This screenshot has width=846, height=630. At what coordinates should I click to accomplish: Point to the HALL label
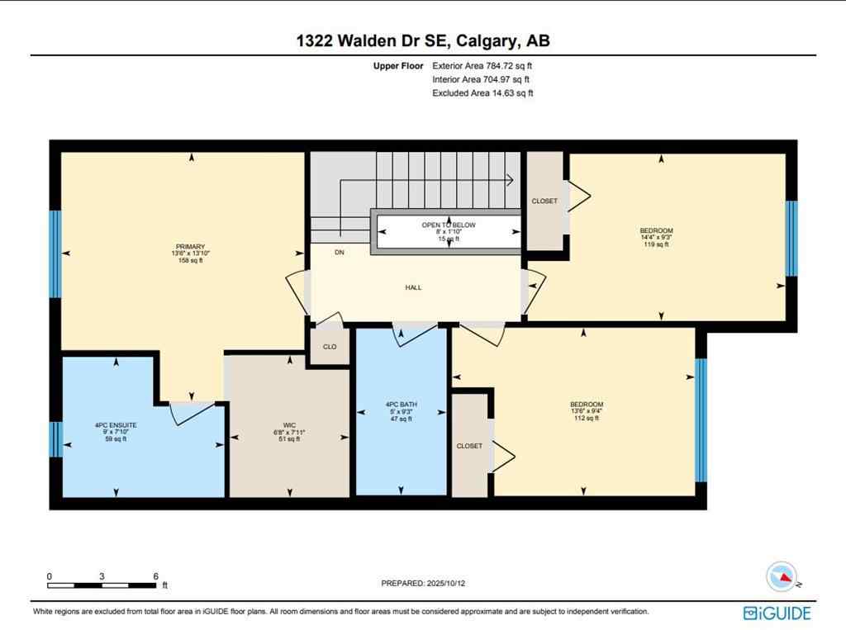[x=413, y=287]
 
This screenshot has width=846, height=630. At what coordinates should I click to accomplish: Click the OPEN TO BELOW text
[x=449, y=225]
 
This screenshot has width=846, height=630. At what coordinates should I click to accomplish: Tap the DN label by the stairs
[x=340, y=253]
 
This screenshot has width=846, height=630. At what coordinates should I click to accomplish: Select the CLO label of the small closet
[x=330, y=347]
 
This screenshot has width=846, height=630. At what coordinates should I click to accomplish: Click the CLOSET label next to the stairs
[x=544, y=201]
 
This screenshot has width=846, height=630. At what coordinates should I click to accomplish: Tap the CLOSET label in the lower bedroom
[x=469, y=446]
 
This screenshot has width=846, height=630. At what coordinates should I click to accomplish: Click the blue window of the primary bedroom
[x=55, y=253]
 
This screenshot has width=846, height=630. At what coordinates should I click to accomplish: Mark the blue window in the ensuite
[x=55, y=439]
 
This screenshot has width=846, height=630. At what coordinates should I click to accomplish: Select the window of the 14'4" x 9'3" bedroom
[x=791, y=238]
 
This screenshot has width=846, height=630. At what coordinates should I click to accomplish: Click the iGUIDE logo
[x=777, y=613]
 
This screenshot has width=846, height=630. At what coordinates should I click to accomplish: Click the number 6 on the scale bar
[x=155, y=576]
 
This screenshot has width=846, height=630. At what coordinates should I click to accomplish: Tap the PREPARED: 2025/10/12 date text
[x=429, y=583]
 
